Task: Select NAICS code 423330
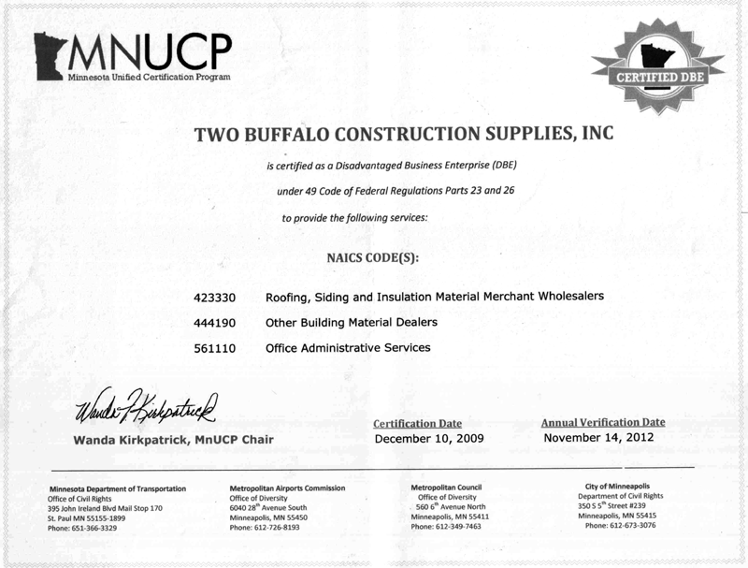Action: tap(215, 297)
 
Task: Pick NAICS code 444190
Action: tap(215, 323)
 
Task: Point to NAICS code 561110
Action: tap(215, 348)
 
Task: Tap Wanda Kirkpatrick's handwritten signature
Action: tap(145, 406)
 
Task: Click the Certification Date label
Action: tap(417, 424)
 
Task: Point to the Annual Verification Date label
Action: tap(603, 422)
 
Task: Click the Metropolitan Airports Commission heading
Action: tap(287, 488)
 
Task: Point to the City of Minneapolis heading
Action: tap(621, 487)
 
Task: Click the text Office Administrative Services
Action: tap(348, 348)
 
